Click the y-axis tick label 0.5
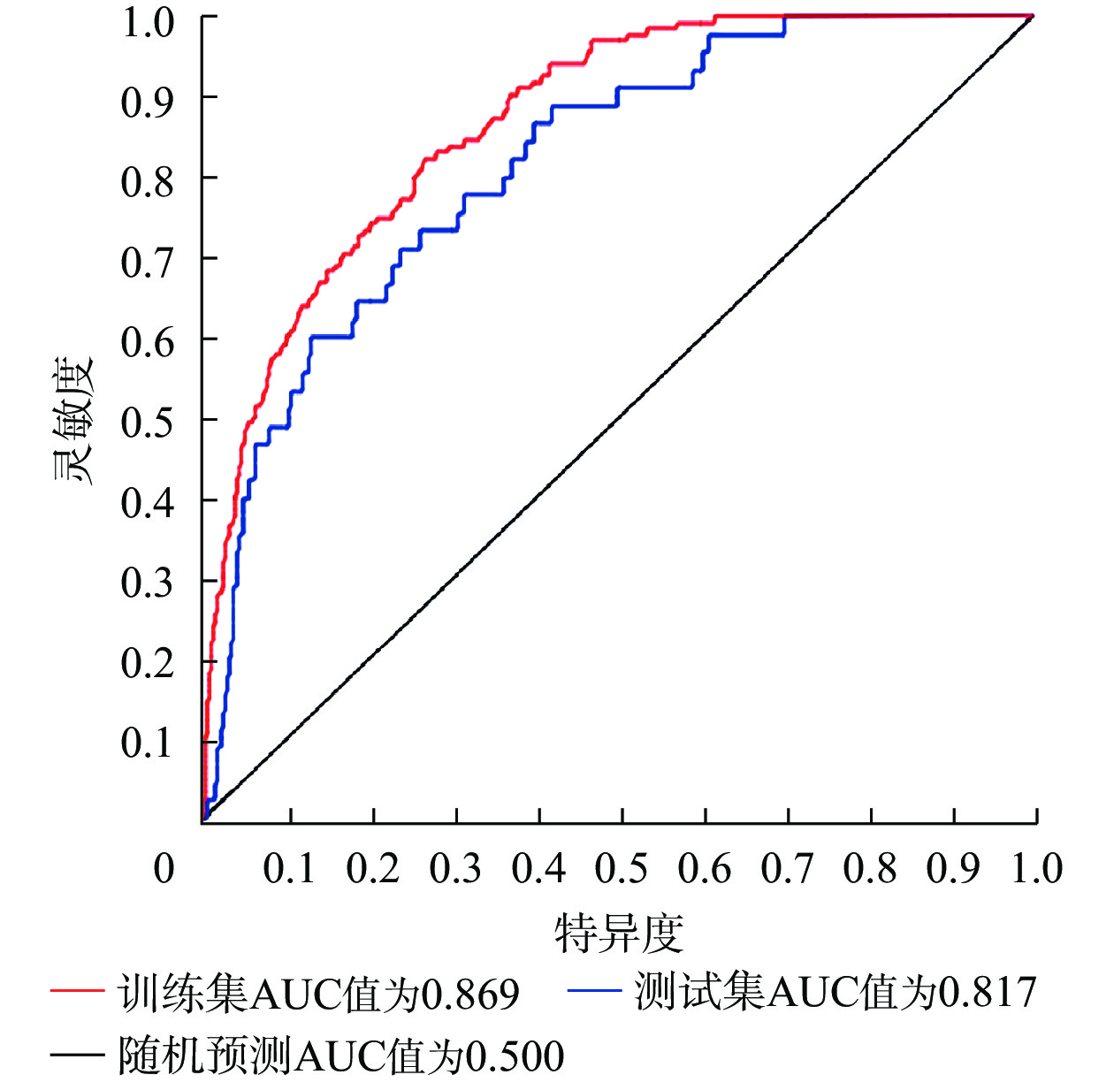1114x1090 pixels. pos(147,422)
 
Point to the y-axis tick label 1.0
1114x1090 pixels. pos(147,21)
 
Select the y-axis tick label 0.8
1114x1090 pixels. pos(147,181)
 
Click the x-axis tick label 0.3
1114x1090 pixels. pos(455,869)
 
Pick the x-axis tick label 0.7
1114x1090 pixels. pos(787,869)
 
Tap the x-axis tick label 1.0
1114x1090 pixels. pos(1036,869)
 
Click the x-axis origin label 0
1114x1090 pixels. pos(164,869)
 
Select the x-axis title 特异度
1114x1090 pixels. pos(619,934)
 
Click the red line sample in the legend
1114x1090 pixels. pos(77,991)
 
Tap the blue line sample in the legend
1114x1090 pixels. pos(594,991)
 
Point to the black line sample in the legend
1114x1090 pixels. pos(77,1055)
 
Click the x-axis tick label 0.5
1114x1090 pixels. pos(622,869)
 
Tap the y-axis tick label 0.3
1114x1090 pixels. pos(147,583)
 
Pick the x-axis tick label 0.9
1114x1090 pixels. pos(953,869)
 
